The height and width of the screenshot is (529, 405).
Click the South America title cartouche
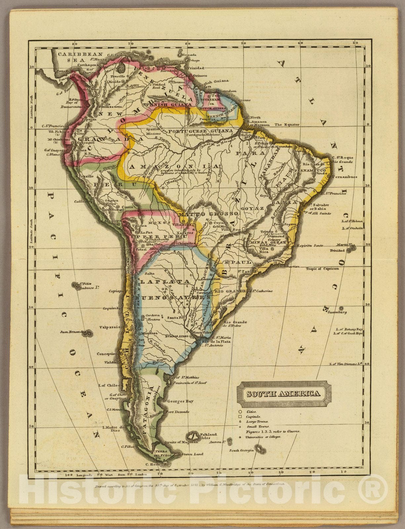284,394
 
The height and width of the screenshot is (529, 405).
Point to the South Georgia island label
242,450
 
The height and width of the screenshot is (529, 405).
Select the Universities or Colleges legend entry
263,437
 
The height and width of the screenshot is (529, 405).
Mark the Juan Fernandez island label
71,332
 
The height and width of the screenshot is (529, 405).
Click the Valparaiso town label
109,327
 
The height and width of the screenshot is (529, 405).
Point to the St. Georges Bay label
180,401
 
